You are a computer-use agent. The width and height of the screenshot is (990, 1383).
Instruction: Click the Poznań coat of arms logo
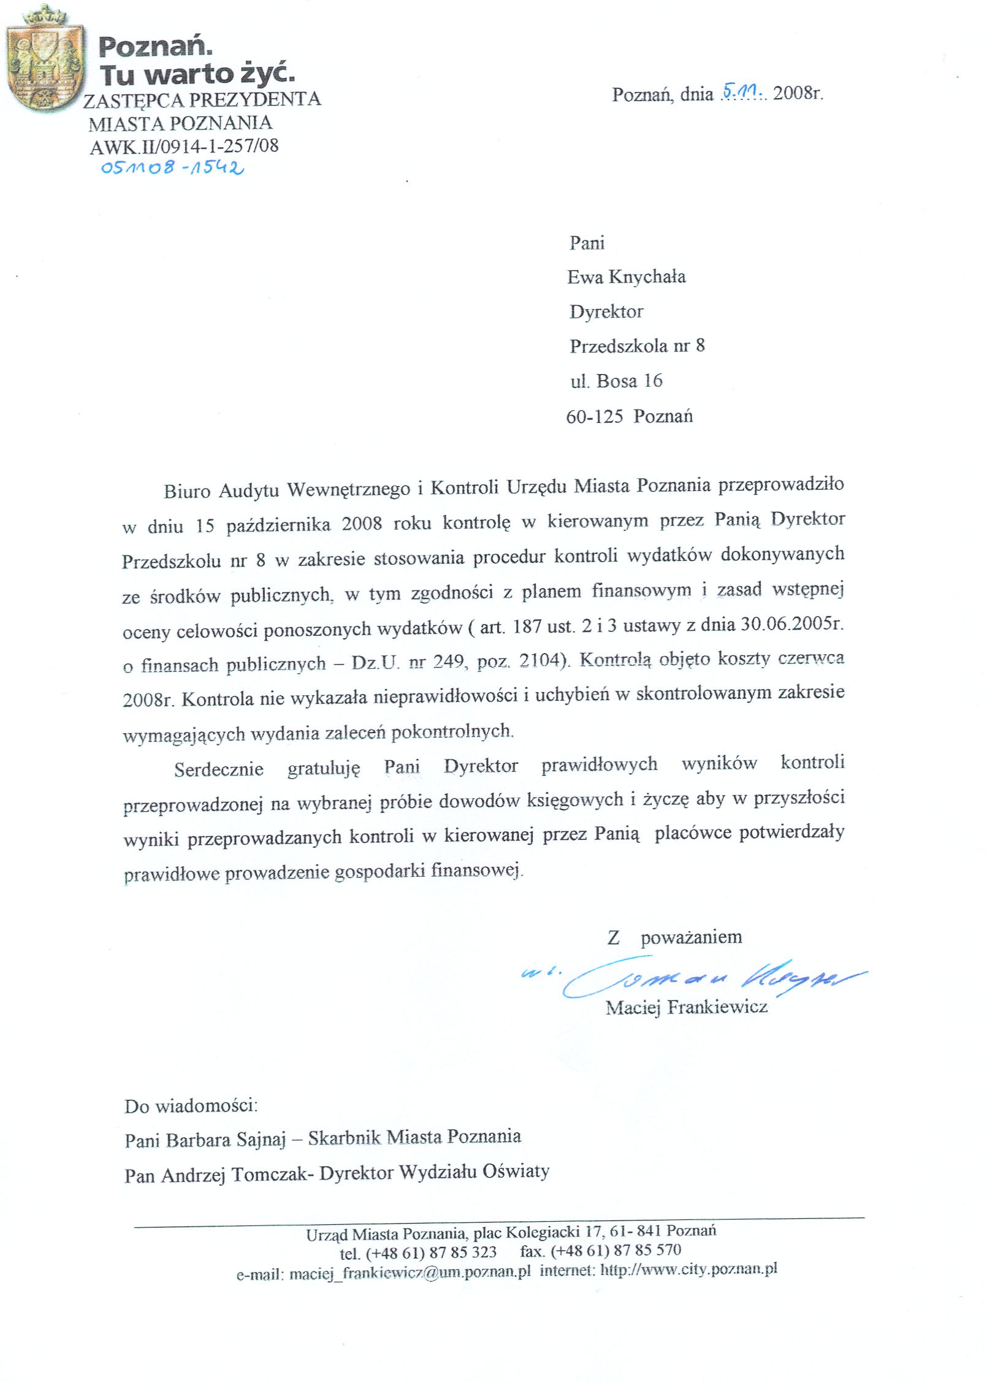click(44, 60)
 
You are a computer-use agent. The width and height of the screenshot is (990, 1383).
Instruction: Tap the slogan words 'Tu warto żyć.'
click(196, 74)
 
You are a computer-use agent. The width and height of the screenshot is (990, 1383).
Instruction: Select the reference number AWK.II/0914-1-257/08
click(184, 146)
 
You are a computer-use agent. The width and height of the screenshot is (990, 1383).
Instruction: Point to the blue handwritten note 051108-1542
click(172, 167)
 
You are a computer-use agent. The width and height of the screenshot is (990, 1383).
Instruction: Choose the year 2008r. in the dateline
click(798, 94)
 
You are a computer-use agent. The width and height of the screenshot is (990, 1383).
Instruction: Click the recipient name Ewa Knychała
click(626, 277)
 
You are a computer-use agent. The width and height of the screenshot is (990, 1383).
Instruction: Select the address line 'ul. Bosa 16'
click(616, 381)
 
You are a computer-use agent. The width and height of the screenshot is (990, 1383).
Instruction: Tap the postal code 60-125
click(594, 417)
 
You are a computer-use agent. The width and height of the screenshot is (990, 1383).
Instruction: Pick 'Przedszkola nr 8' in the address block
click(637, 346)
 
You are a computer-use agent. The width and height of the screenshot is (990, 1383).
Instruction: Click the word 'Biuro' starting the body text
click(187, 491)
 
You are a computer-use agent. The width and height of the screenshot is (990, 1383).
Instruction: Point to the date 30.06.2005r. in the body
click(792, 624)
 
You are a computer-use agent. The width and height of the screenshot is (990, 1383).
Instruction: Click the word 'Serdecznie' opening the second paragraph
click(218, 769)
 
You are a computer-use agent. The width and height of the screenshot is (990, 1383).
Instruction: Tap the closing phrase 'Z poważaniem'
click(674, 937)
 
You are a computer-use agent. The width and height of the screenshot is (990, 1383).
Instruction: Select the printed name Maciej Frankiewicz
click(686, 1007)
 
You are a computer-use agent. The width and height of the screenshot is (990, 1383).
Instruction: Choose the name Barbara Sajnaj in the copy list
click(226, 1140)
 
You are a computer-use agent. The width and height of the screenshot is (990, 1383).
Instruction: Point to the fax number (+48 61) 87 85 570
click(615, 1251)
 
